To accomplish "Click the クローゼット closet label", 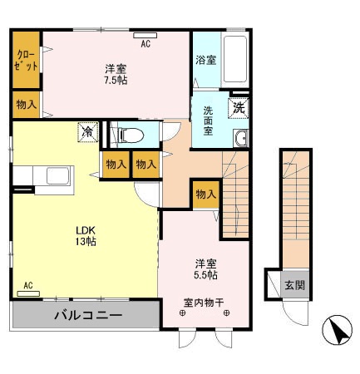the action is (x=26, y=61).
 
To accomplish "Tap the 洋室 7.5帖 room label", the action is (x=116, y=75).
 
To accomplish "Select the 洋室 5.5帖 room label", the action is (x=205, y=269).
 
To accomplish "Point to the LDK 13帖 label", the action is (x=86, y=236).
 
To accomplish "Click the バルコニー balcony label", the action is (x=88, y=315).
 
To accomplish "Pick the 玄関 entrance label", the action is (x=295, y=285).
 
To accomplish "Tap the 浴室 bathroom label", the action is (x=206, y=60).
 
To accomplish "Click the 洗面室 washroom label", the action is (x=208, y=121).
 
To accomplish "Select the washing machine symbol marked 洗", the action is (x=239, y=108).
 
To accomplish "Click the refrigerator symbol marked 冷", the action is (x=88, y=132).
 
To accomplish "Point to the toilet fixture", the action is (x=131, y=135).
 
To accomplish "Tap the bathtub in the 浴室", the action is (x=235, y=59).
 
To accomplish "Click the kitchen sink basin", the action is (x=58, y=176).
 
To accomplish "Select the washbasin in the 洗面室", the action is (x=241, y=138).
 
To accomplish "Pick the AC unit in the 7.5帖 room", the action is (x=145, y=36).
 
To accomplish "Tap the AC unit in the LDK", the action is (x=28, y=293).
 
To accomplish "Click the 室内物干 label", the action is (x=204, y=303).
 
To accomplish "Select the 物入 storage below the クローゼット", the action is (x=27, y=105).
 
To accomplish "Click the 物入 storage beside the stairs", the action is (x=206, y=194).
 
